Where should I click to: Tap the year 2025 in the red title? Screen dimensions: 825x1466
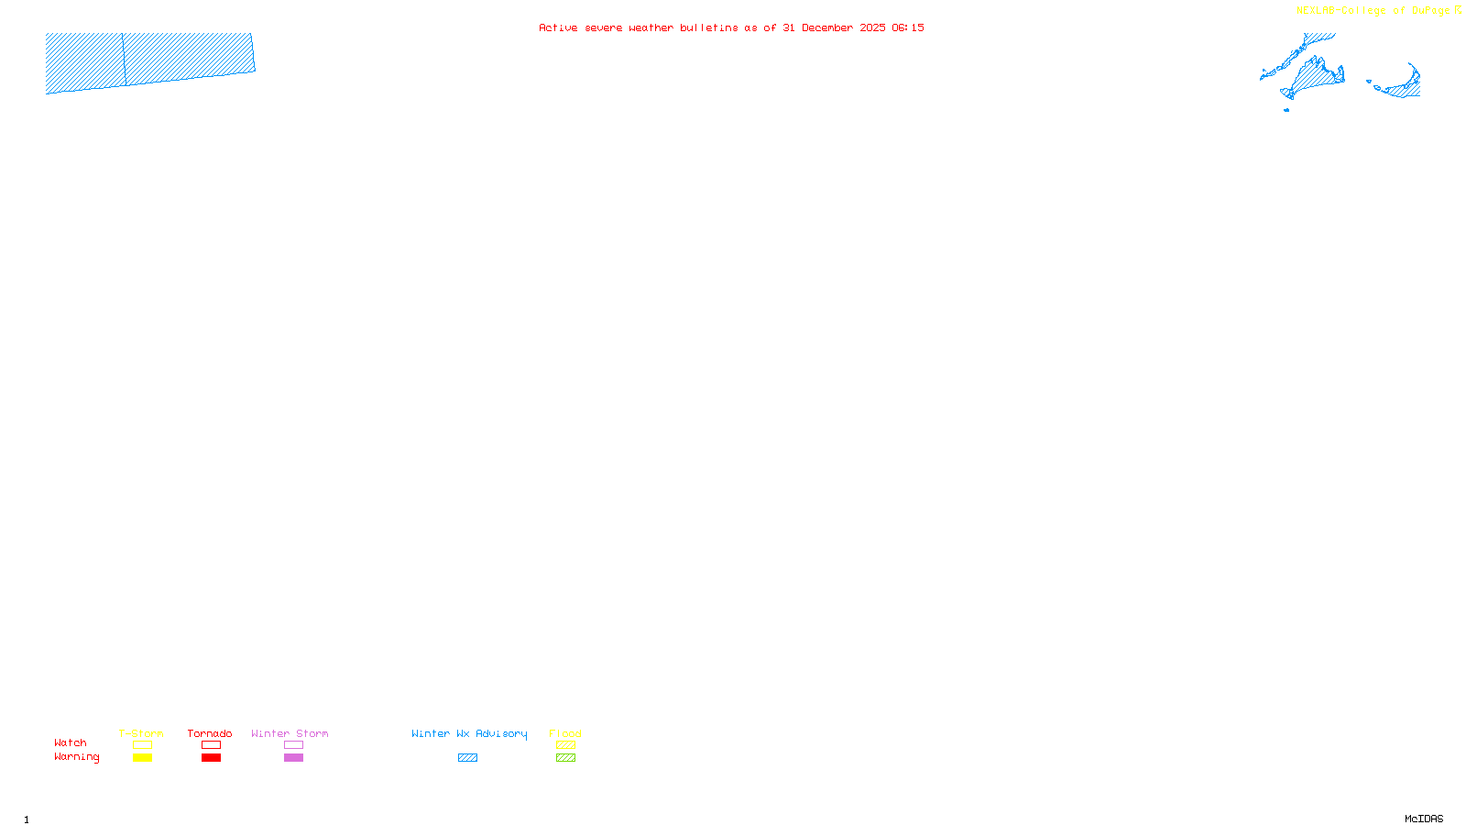tap(872, 27)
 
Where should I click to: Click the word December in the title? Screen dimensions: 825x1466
tap(827, 27)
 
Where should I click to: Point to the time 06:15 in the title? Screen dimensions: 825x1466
tap(907, 27)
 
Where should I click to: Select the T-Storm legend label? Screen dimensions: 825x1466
tap(141, 733)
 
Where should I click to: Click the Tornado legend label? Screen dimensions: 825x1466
tap(210, 733)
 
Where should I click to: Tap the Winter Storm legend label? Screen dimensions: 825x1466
tap(290, 733)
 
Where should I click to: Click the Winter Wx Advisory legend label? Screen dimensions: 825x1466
tap(469, 733)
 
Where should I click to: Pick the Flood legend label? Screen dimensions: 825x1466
tap(565, 733)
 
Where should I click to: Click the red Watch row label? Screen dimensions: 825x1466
tap(71, 742)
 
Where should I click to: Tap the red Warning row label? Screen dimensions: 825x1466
tap(77, 757)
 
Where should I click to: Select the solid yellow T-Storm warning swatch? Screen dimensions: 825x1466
tap(142, 758)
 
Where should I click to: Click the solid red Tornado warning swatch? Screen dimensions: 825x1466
tap(211, 758)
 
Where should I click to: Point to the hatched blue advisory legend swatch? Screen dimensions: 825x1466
tap(467, 758)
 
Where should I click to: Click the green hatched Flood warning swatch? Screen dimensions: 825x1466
tap(565, 758)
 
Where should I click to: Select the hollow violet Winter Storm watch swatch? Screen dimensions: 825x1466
tap(293, 745)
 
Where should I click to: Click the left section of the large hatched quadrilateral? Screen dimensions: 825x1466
tap(84, 62)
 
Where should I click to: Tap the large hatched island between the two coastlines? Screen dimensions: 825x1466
tap(1318, 77)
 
